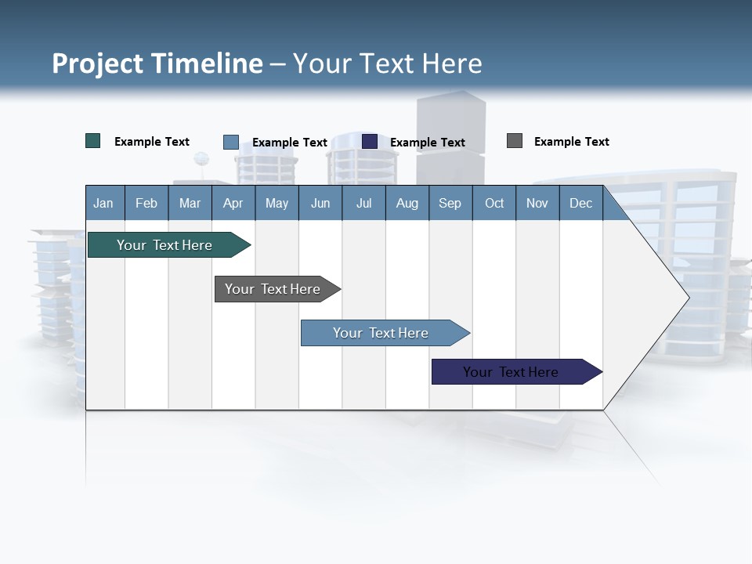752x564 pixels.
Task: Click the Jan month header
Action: [x=103, y=203]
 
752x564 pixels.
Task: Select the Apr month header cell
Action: [x=233, y=203]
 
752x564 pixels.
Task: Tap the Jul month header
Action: [x=363, y=203]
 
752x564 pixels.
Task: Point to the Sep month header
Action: [x=450, y=203]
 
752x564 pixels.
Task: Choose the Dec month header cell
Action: [x=580, y=203]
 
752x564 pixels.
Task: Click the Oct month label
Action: [x=494, y=203]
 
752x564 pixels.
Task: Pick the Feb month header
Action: [x=146, y=203]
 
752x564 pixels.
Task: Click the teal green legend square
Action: [x=93, y=141]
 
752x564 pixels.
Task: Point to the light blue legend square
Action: [x=231, y=142]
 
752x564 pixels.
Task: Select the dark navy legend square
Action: [x=370, y=141]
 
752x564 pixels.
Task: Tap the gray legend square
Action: [x=515, y=141]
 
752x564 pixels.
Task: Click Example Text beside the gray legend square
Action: [x=571, y=142]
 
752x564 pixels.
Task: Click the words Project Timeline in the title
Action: [x=157, y=63]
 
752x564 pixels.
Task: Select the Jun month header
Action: [x=320, y=203]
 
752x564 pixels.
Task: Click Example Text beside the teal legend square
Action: [x=151, y=142]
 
